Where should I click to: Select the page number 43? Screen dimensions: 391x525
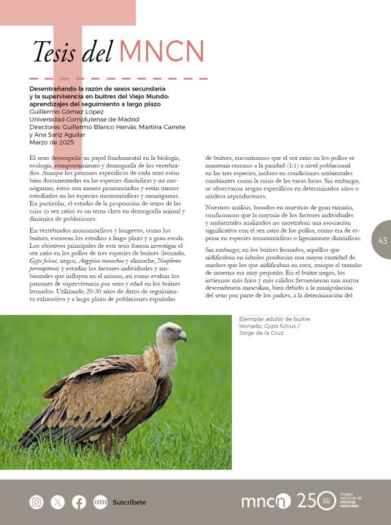(x=382, y=240)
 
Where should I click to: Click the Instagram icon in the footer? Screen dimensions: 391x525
(x=36, y=502)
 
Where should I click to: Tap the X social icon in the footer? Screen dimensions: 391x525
(x=58, y=502)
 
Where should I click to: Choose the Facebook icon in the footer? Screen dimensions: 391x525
(x=79, y=502)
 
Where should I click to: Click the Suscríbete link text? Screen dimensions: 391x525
(x=130, y=502)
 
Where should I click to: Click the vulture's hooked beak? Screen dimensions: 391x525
(x=182, y=336)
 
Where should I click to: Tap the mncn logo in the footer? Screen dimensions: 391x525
(x=265, y=502)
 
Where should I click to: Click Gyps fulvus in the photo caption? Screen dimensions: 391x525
(x=278, y=326)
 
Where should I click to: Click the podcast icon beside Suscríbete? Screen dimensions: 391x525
(x=100, y=502)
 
